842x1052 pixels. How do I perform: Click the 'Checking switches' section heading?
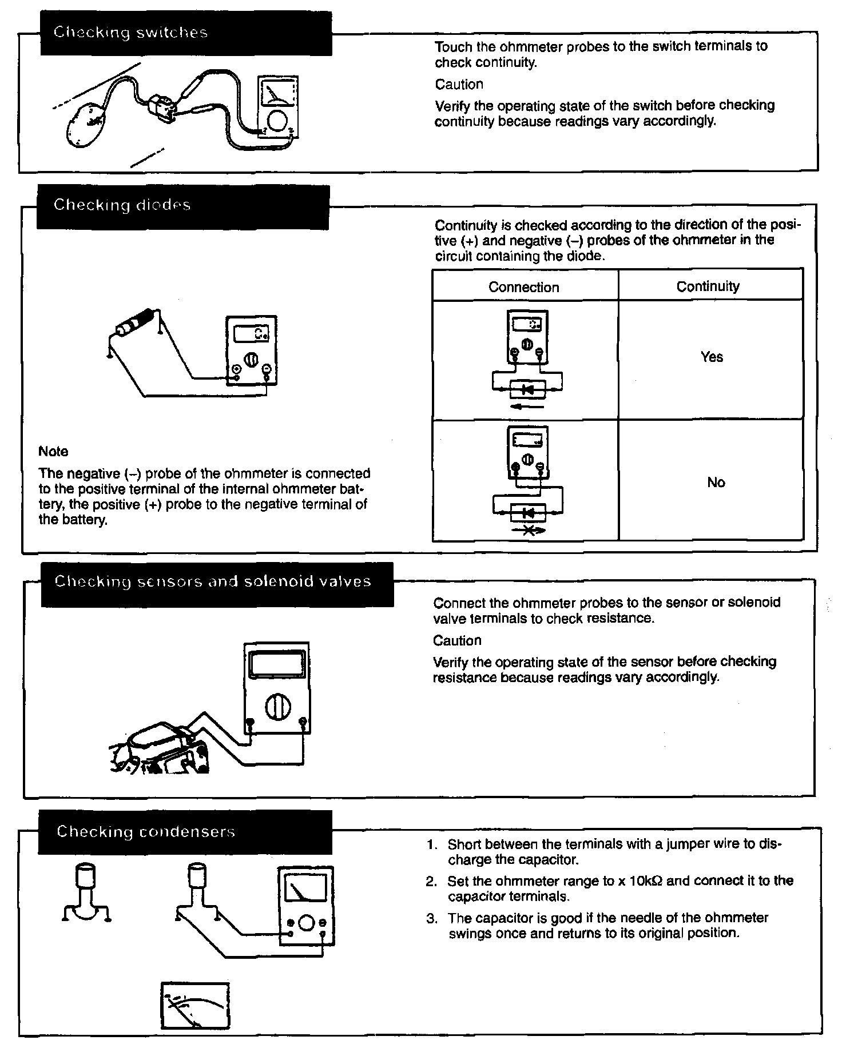[x=130, y=33]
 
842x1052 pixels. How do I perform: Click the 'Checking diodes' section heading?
[x=122, y=205]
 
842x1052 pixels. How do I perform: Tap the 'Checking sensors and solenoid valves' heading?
[x=213, y=582]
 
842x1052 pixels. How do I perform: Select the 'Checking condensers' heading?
[x=146, y=832]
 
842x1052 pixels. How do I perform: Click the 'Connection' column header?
[x=523, y=287]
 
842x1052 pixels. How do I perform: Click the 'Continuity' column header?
[x=708, y=286]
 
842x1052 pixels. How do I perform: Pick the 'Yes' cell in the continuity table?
[x=712, y=357]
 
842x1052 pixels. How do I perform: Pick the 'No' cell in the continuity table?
[x=716, y=483]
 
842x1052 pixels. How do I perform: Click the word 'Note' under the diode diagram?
[x=53, y=452]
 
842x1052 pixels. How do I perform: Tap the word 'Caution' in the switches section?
[x=459, y=85]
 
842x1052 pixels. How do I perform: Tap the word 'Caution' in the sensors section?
[x=457, y=640]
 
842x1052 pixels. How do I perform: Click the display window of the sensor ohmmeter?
[x=276, y=666]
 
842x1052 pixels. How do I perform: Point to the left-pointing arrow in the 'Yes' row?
[x=526, y=407]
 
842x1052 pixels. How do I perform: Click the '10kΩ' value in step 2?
[x=646, y=881]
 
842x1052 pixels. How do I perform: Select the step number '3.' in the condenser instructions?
[x=432, y=919]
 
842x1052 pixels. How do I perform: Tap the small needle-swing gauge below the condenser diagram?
[x=195, y=1006]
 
